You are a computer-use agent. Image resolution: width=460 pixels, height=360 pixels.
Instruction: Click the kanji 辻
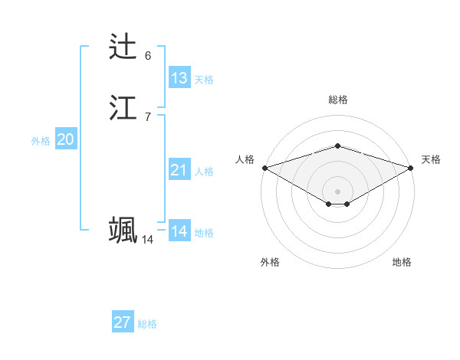[123, 47]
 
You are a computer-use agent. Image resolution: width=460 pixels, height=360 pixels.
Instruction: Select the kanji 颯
[123, 231]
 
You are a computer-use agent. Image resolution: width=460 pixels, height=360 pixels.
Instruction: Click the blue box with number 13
[179, 78]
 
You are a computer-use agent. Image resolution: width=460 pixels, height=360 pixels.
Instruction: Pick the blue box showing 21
[179, 170]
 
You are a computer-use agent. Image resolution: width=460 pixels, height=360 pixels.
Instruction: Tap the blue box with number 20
[65, 139]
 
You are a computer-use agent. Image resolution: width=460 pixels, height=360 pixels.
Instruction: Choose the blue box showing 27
[123, 322]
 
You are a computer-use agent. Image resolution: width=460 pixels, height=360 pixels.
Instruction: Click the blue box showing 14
[179, 231]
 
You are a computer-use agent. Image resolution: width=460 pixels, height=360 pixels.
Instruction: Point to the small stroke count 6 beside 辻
[148, 56]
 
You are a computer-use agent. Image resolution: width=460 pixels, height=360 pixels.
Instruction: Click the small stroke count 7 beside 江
[148, 117]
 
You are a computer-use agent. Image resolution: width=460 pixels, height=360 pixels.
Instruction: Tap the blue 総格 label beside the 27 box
[147, 324]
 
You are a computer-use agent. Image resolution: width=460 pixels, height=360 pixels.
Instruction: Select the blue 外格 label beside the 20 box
[41, 141]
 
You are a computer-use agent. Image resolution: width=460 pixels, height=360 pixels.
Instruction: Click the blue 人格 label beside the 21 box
[204, 172]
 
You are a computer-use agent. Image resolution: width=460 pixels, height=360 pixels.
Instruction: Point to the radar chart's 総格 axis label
[337, 100]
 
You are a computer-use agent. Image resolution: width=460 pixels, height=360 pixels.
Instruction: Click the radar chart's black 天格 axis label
[431, 159]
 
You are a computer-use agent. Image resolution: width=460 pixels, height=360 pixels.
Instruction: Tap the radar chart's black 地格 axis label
[402, 262]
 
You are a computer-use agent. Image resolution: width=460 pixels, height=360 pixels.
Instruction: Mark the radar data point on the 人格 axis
[264, 167]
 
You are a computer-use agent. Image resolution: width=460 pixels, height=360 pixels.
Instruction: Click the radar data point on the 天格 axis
[411, 167]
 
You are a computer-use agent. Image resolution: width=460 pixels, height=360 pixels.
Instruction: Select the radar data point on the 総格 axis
[337, 146]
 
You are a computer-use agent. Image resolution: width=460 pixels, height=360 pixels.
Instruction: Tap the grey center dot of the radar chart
[337, 191]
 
